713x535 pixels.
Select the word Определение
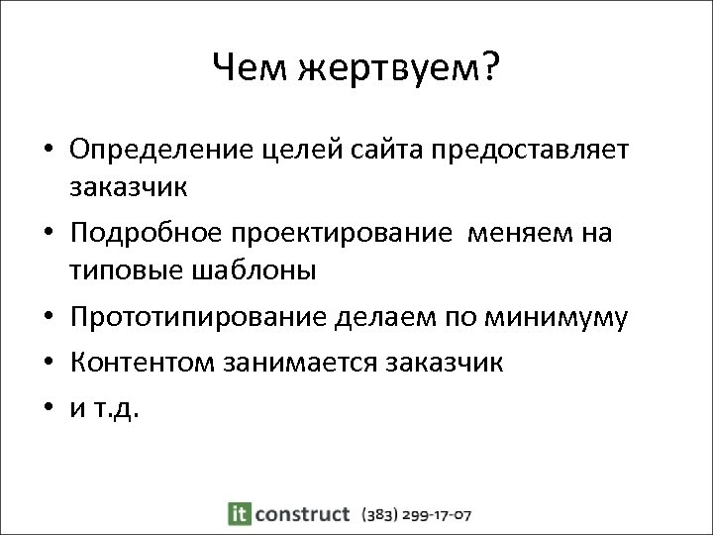click(163, 151)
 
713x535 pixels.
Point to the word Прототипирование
click(196, 318)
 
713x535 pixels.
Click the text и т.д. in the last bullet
click(105, 408)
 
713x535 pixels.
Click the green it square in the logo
click(239, 514)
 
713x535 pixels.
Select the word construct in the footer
click(302, 514)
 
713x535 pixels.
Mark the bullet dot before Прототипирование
click(48, 319)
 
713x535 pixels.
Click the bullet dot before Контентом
click(48, 364)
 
